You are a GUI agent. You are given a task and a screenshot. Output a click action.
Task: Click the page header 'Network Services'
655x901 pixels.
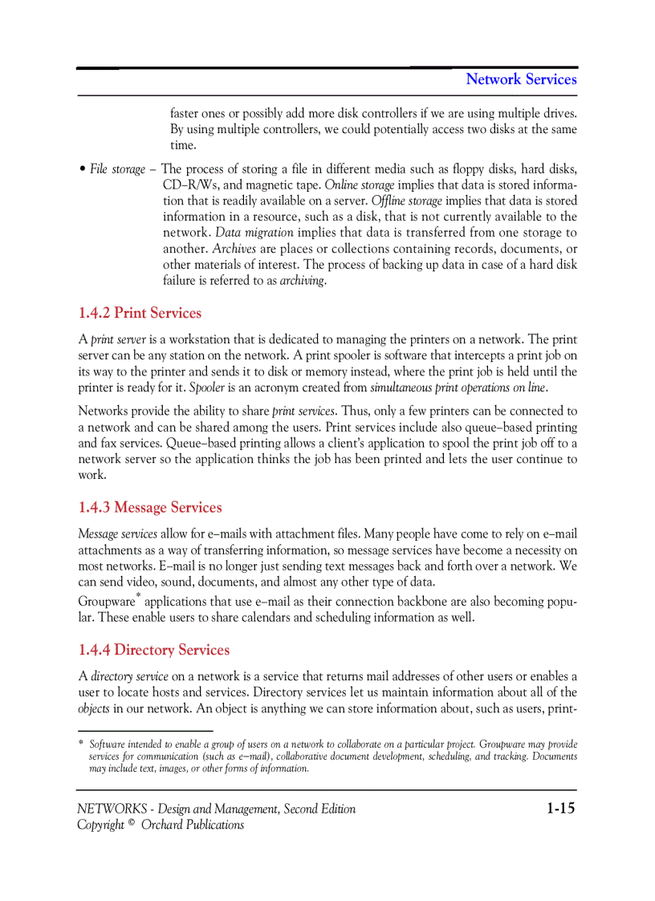pyautogui.click(x=521, y=79)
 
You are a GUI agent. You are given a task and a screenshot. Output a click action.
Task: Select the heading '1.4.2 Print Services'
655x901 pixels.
pyautogui.click(x=140, y=313)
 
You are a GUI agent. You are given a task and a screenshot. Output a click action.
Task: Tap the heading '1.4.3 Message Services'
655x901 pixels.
pyautogui.click(x=150, y=507)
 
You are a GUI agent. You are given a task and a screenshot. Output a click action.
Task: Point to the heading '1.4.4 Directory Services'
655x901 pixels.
pyautogui.click(x=154, y=650)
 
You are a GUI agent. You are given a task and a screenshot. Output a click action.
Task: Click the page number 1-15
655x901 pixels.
pyautogui.click(x=561, y=808)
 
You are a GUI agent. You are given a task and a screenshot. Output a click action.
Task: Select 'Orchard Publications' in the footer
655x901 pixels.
pyautogui.click(x=193, y=825)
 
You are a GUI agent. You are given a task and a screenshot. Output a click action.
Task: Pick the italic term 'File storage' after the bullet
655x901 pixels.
pyautogui.click(x=117, y=168)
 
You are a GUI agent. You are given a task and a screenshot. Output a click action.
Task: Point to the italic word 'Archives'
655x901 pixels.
pyautogui.click(x=234, y=249)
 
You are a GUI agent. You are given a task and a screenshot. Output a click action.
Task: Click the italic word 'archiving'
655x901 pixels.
pyautogui.click(x=302, y=281)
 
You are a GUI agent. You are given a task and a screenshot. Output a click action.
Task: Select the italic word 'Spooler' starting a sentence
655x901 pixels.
pyautogui.click(x=206, y=388)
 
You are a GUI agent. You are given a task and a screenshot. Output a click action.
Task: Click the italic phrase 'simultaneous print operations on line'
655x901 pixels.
pyautogui.click(x=458, y=388)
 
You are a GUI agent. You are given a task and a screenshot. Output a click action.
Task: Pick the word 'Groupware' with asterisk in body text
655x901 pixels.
pyautogui.click(x=108, y=602)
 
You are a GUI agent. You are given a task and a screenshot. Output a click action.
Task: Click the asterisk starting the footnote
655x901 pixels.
pyautogui.click(x=80, y=745)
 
